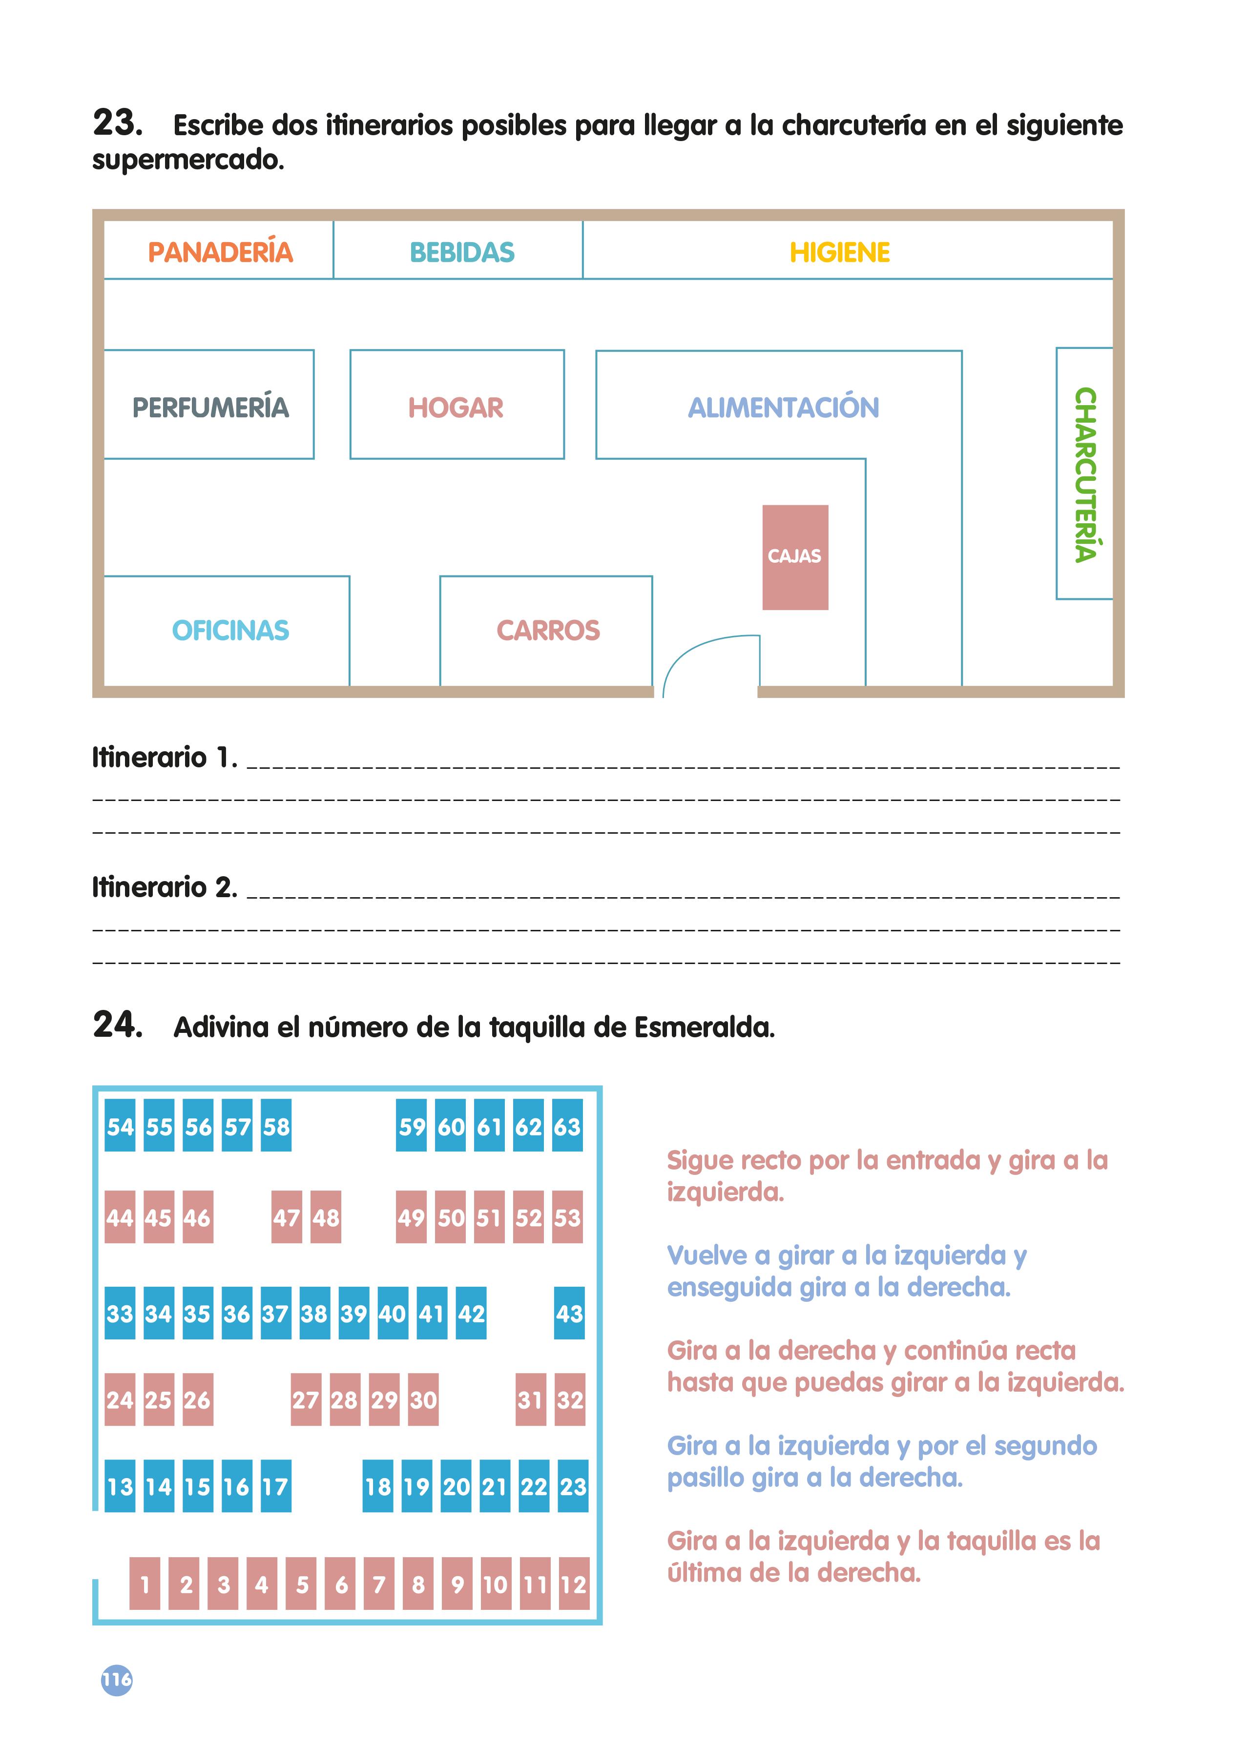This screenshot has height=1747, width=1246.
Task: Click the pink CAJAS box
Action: coord(795,557)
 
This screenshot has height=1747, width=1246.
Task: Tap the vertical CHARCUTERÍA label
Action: coord(1085,474)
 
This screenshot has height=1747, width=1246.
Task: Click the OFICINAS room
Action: coord(229,630)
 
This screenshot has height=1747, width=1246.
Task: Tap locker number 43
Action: coord(569,1313)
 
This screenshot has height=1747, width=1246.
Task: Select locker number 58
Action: coord(276,1126)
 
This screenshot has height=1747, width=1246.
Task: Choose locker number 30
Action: coord(423,1399)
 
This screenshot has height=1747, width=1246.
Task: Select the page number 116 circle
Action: coord(117,1680)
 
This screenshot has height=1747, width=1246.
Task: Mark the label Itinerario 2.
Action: coord(164,887)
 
